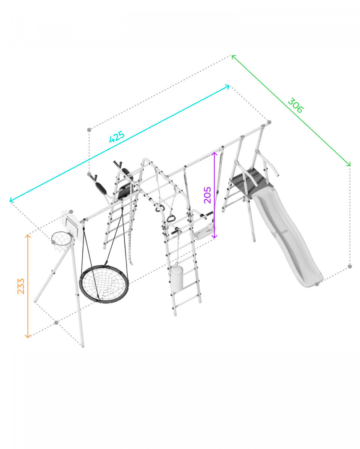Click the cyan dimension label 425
[x=117, y=136]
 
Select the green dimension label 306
[x=295, y=105]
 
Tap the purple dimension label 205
[x=208, y=195]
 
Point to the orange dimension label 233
[x=21, y=286]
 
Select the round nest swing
[x=104, y=283]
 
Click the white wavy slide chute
[x=286, y=235]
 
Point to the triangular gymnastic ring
[x=171, y=219]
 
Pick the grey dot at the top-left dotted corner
[x=89, y=130]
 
